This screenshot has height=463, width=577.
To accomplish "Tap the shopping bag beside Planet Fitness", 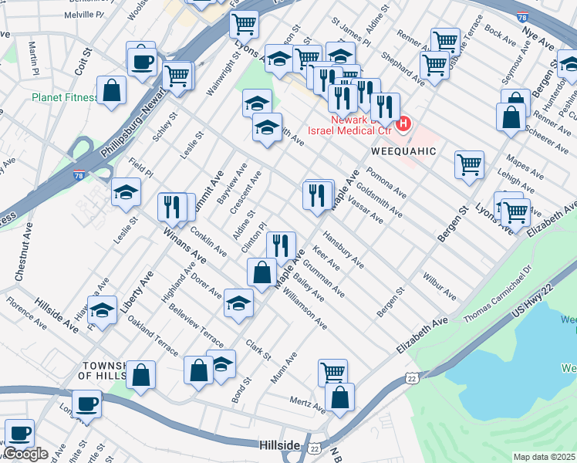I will (x=112, y=90).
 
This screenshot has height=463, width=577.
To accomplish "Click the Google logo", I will (x=25, y=454).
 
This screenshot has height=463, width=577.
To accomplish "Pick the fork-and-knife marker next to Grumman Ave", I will (x=282, y=246).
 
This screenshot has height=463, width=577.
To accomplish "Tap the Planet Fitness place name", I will (x=64, y=98).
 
